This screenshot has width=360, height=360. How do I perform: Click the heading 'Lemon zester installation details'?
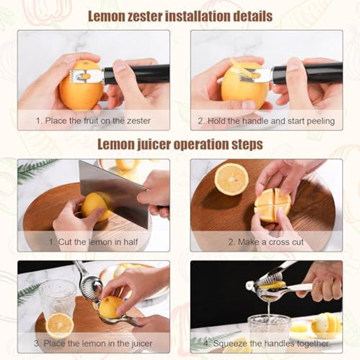point(180,15)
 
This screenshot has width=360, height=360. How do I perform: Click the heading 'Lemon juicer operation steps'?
point(180,144)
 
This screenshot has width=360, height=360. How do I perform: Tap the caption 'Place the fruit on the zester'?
point(93,120)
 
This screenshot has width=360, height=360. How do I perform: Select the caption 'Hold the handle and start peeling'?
point(266,120)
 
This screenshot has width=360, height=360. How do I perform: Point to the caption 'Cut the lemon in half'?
point(93,242)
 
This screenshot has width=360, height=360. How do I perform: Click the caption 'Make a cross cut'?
point(266,242)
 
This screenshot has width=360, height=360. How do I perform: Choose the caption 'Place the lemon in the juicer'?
point(93,343)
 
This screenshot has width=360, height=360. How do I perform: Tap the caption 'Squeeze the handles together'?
point(266,343)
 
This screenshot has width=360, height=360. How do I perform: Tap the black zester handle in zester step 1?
point(139,74)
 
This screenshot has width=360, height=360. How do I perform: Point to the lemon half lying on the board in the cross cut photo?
point(231,179)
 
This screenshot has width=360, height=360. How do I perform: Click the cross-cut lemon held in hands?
point(272,205)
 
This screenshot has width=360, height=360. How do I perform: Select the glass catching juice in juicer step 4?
point(269,329)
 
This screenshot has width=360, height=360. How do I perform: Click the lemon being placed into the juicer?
point(111,307)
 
